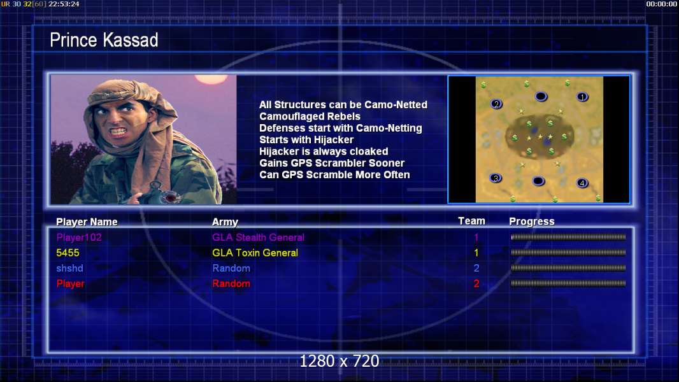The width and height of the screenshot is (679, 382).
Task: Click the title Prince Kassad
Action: pos(104,40)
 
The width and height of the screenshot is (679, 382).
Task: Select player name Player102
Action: pos(79,237)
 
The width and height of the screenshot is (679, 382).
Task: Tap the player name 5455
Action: pos(68,253)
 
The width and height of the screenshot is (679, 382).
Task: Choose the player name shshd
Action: pos(69,268)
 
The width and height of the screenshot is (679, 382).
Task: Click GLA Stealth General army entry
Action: pos(258,237)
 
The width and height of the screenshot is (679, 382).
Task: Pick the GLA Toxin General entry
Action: pos(255,253)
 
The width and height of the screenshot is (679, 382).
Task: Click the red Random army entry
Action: pos(231,284)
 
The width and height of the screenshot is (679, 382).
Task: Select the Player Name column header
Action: pos(87,222)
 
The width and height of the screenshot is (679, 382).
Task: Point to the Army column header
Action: pos(225,222)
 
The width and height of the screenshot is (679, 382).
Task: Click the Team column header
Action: pos(471,221)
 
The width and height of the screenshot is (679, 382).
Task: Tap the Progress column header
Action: pos(532,222)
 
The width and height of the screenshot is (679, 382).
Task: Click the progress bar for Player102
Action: pos(568,237)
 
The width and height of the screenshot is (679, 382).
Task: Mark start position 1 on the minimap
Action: pos(582,97)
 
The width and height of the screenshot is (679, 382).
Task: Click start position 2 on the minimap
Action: pos(497,104)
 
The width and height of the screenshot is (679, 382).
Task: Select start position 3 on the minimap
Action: pos(496,178)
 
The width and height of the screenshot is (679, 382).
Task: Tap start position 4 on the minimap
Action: pos(582,183)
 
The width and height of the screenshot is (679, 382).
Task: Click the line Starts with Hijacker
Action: pos(306,139)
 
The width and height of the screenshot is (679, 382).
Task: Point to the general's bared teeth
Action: pos(118,131)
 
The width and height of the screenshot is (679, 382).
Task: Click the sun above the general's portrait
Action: pos(211,79)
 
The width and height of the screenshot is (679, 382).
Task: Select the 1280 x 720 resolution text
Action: pos(339,361)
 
